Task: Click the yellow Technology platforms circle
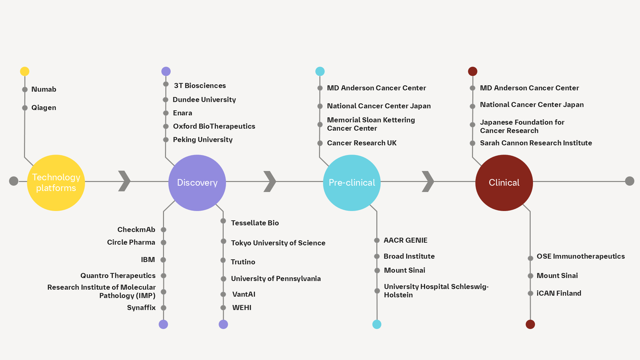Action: (56, 183)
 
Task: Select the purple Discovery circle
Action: (197, 183)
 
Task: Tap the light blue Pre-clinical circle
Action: (352, 183)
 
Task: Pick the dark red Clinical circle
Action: (504, 183)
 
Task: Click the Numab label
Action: (44, 89)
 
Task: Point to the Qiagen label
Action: (44, 108)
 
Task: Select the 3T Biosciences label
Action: (200, 86)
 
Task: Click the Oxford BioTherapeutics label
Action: (214, 126)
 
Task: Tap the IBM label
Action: (148, 260)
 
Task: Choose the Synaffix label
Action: (141, 308)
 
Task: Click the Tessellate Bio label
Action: (255, 223)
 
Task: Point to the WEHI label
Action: (242, 308)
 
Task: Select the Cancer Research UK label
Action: (362, 143)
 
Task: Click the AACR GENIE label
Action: (405, 240)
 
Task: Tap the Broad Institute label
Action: (409, 256)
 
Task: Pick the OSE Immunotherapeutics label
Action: (580, 256)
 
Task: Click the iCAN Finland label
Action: (559, 293)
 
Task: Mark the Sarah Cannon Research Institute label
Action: (536, 143)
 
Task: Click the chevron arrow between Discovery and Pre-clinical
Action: (270, 182)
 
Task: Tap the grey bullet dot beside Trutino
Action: (223, 260)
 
